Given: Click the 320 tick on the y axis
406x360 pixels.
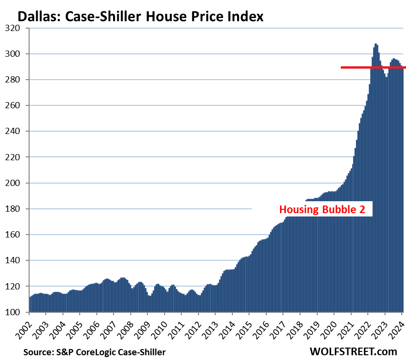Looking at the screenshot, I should tap(17, 28).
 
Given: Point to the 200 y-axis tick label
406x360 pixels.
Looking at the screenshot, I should tap(17, 183).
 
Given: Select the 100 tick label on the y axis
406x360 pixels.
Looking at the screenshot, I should tap(17, 312).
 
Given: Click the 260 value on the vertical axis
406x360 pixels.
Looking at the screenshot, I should tap(17, 105).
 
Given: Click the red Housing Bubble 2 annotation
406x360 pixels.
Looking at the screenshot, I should tap(322, 210).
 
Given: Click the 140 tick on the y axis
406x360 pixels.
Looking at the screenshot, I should tap(17, 260).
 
